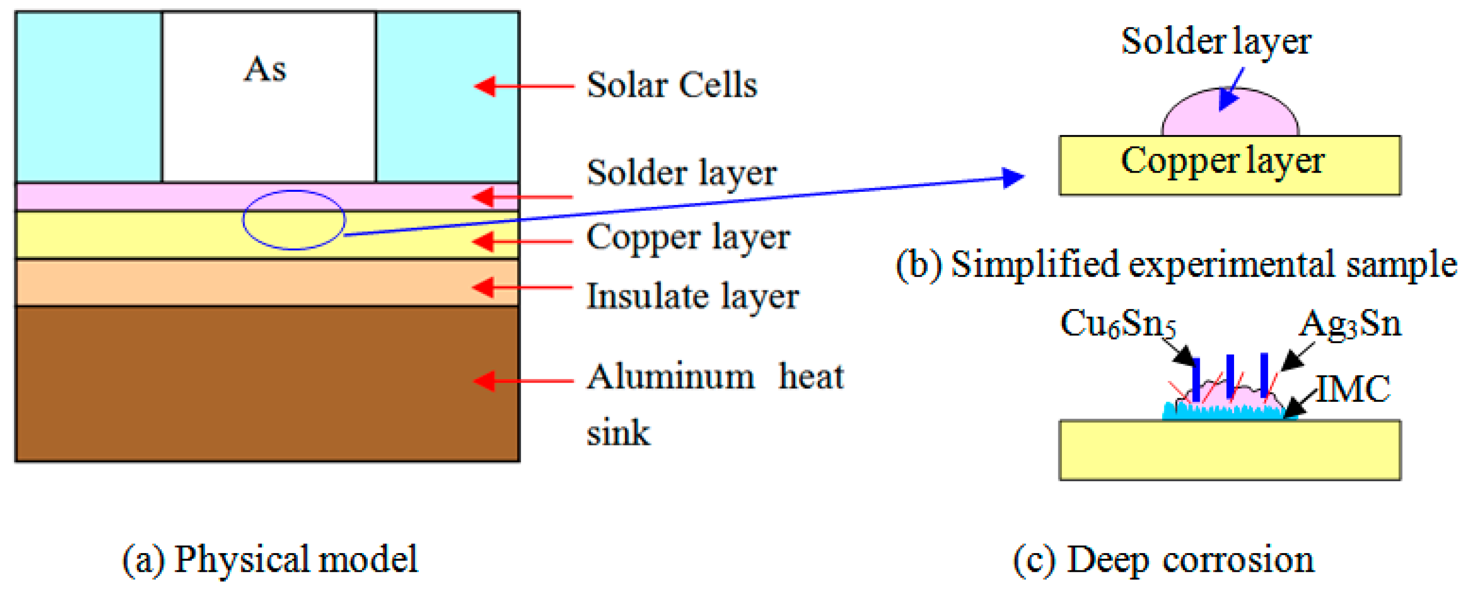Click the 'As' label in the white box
pyautogui.click(x=265, y=70)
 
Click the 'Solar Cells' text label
pyautogui.click(x=671, y=86)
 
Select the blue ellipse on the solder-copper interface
pyautogui.click(x=294, y=220)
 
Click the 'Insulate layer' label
pyautogui.click(x=692, y=297)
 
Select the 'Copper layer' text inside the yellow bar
pyautogui.click(x=1222, y=161)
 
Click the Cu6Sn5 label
pyautogui.click(x=1117, y=324)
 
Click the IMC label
pyautogui.click(x=1353, y=390)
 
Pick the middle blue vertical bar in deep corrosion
pyautogui.click(x=1230, y=376)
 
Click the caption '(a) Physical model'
pyautogui.click(x=270, y=560)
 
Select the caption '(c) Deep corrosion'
pyautogui.click(x=1163, y=560)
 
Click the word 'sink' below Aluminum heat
pyautogui.click(x=618, y=433)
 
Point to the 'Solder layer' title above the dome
pyautogui.click(x=1216, y=42)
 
